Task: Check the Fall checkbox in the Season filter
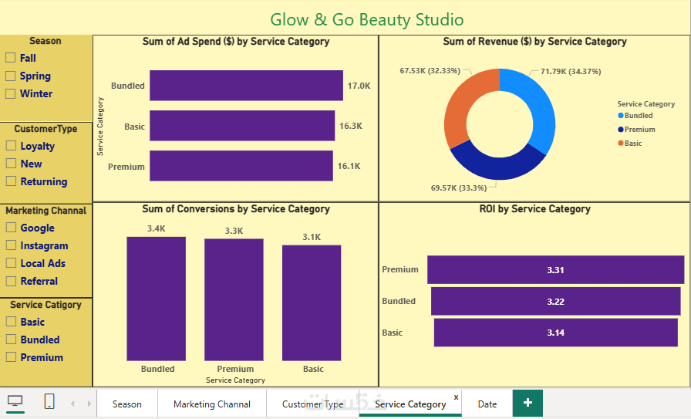(11, 58)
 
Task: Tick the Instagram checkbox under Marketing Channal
(11, 245)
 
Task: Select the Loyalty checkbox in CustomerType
(11, 146)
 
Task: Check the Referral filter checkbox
(11, 281)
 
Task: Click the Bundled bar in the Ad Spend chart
(246, 86)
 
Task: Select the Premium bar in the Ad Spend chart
(241, 166)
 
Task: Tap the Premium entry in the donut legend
(639, 130)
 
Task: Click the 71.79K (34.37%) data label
(570, 72)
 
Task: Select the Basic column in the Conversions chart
(312, 302)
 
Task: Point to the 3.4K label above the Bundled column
(157, 228)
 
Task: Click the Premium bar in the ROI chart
(555, 270)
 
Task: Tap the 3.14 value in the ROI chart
(555, 333)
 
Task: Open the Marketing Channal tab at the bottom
(212, 404)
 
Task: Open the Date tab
(487, 404)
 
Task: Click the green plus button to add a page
(528, 403)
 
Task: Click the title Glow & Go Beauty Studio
(367, 19)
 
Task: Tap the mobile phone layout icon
(49, 401)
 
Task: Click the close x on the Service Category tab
(456, 397)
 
